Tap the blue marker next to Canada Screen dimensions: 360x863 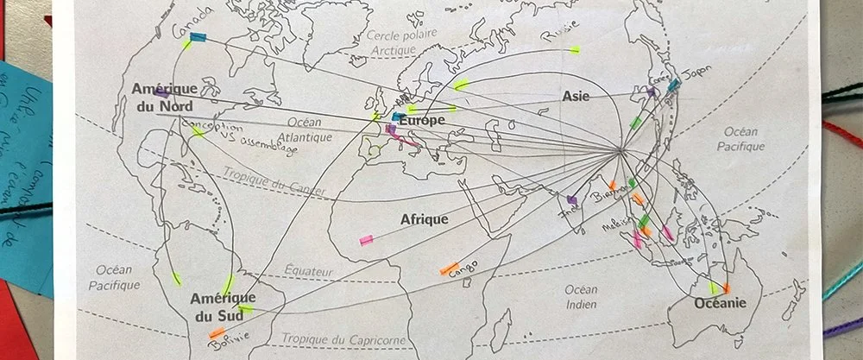[198, 37]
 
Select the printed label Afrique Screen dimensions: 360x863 [424, 219]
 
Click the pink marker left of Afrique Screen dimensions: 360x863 [366, 239]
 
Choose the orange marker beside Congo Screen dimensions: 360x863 [448, 269]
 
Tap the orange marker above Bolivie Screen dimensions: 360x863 [217, 332]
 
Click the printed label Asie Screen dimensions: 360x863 [576, 96]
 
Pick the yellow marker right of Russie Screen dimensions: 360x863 [574, 48]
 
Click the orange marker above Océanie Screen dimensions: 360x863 [727, 288]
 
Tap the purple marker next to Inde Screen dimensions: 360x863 [571, 199]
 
